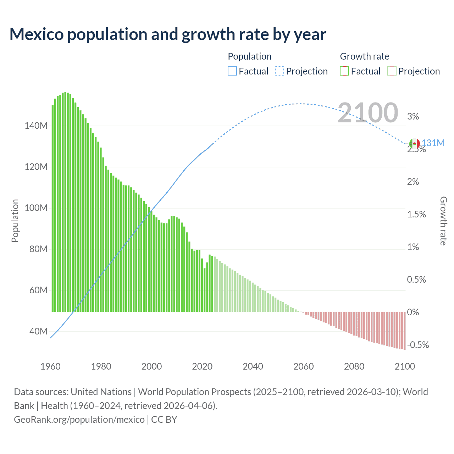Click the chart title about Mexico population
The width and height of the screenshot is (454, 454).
168,34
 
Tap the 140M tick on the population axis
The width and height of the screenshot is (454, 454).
36,126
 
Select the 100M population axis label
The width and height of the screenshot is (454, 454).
36,208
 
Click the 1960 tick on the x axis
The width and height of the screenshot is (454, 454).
50,366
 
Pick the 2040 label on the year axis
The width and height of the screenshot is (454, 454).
253,366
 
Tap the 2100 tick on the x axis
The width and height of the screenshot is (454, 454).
405,366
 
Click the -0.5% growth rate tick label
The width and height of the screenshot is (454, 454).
418,345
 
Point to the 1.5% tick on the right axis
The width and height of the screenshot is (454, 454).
416,214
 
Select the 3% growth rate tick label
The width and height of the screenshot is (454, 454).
413,116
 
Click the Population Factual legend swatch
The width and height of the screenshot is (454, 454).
232,71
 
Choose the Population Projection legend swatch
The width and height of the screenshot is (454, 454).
279,71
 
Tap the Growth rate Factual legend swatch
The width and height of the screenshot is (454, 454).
344,71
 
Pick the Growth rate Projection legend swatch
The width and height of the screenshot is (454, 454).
392,71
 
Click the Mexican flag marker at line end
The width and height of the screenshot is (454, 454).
414,144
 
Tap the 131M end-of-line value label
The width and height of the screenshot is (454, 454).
433,143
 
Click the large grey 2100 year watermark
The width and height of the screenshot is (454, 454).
368,113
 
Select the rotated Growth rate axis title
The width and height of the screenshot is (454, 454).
443,221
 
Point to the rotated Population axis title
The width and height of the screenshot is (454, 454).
15,221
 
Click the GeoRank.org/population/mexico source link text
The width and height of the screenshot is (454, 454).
79,420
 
